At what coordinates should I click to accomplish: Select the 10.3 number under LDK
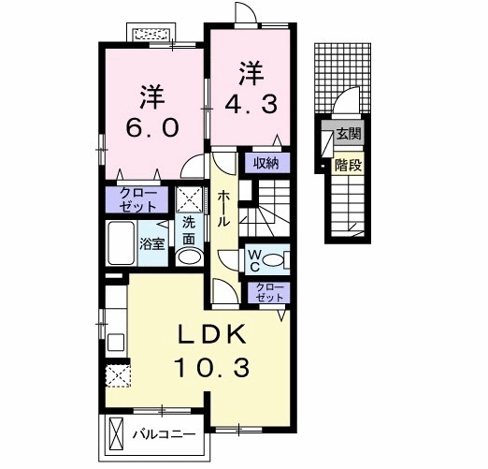212,369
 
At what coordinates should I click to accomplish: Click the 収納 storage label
266,162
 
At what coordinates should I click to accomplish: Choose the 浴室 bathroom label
152,242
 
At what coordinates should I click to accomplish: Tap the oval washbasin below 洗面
190,256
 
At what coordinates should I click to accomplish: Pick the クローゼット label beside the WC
269,292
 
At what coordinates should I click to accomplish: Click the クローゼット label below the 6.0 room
137,198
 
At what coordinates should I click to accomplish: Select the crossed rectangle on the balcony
117,435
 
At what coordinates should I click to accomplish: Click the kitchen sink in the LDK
115,338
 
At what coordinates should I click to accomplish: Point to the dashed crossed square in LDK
117,375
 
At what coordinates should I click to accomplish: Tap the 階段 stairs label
349,165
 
